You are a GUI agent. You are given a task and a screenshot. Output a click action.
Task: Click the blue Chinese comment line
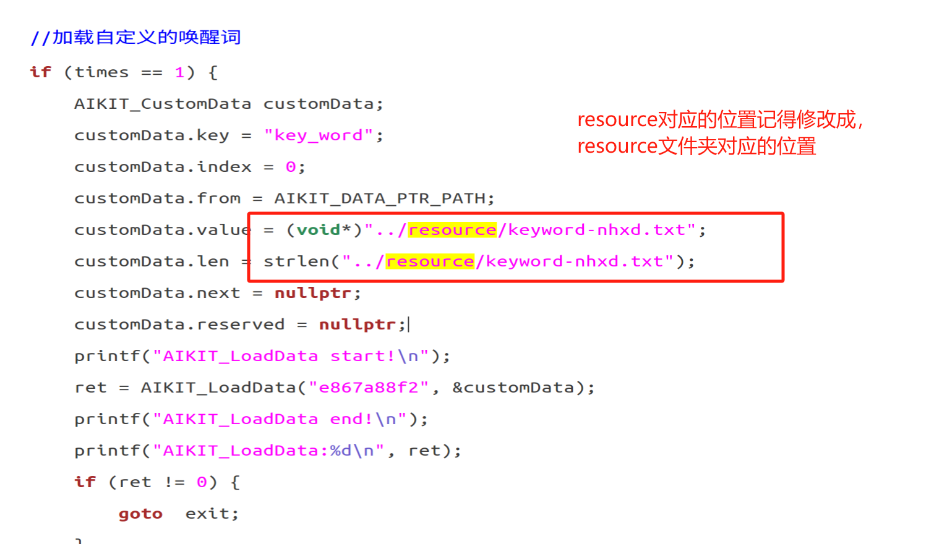pyautogui.click(x=135, y=38)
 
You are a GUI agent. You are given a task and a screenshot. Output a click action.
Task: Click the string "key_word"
pyautogui.click(x=319, y=135)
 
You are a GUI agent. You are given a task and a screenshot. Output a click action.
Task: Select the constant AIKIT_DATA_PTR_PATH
pyautogui.click(x=380, y=198)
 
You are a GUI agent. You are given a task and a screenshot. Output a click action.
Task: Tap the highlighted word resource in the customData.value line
pyautogui.click(x=452, y=230)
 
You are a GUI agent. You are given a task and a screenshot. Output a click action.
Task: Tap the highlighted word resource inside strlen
pyautogui.click(x=430, y=261)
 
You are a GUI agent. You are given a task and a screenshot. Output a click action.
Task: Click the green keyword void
pyautogui.click(x=319, y=230)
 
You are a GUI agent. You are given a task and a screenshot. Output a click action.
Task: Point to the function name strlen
pyautogui.click(x=296, y=261)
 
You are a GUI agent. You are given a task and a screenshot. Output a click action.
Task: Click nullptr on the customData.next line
pyautogui.click(x=313, y=293)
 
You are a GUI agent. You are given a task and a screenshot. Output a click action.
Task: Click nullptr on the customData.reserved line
pyautogui.click(x=358, y=325)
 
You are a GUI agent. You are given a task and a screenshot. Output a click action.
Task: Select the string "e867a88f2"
pyautogui.click(x=369, y=388)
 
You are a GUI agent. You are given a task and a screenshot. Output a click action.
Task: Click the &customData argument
pyautogui.click(x=513, y=388)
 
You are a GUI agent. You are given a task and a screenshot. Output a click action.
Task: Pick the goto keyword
pyautogui.click(x=140, y=514)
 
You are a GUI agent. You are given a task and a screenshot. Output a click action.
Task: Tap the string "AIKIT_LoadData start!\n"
pyautogui.click(x=291, y=356)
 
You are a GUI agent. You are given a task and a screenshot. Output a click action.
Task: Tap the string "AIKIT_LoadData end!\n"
pyautogui.click(x=280, y=419)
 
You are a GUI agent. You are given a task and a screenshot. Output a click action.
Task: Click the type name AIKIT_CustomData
pyautogui.click(x=163, y=104)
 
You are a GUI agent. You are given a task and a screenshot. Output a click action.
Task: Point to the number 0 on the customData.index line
pyautogui.click(x=291, y=167)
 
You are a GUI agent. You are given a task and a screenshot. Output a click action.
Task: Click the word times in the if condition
pyautogui.click(x=101, y=72)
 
